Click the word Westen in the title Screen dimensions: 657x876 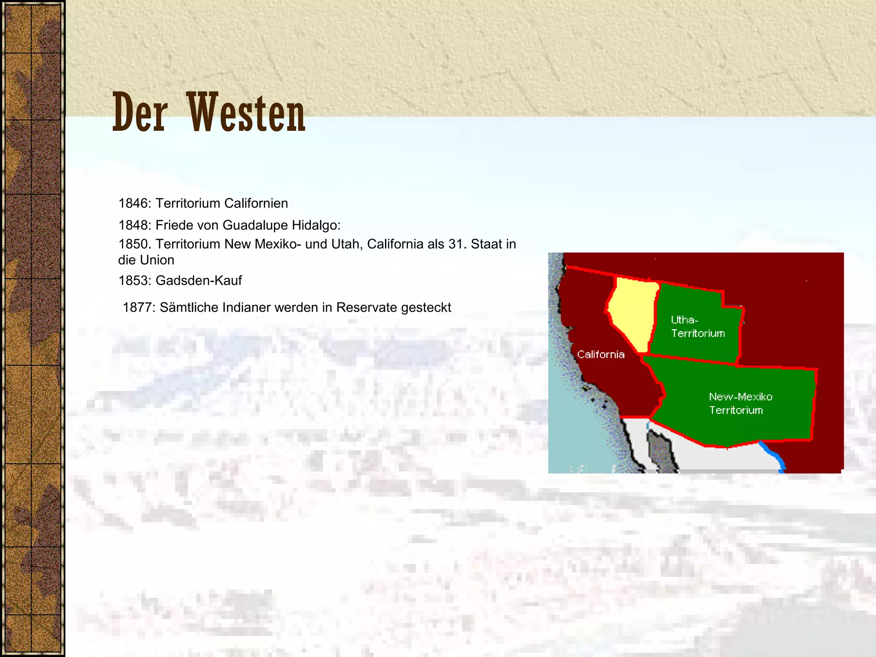point(246,112)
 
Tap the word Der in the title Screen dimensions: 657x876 point(139,112)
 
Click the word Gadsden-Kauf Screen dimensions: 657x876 point(198,281)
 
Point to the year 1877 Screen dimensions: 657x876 point(138,308)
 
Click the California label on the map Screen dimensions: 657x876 point(601,355)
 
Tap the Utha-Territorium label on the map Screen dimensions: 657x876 point(698,327)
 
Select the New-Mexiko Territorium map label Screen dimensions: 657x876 point(740,403)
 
